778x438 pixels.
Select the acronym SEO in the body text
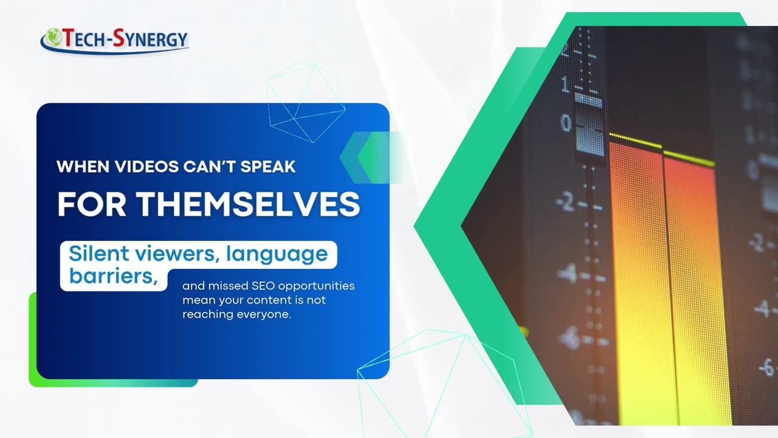[264, 285]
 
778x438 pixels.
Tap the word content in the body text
[277, 301]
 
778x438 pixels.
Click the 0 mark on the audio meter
[566, 123]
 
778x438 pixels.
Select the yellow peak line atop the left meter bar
[635, 141]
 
